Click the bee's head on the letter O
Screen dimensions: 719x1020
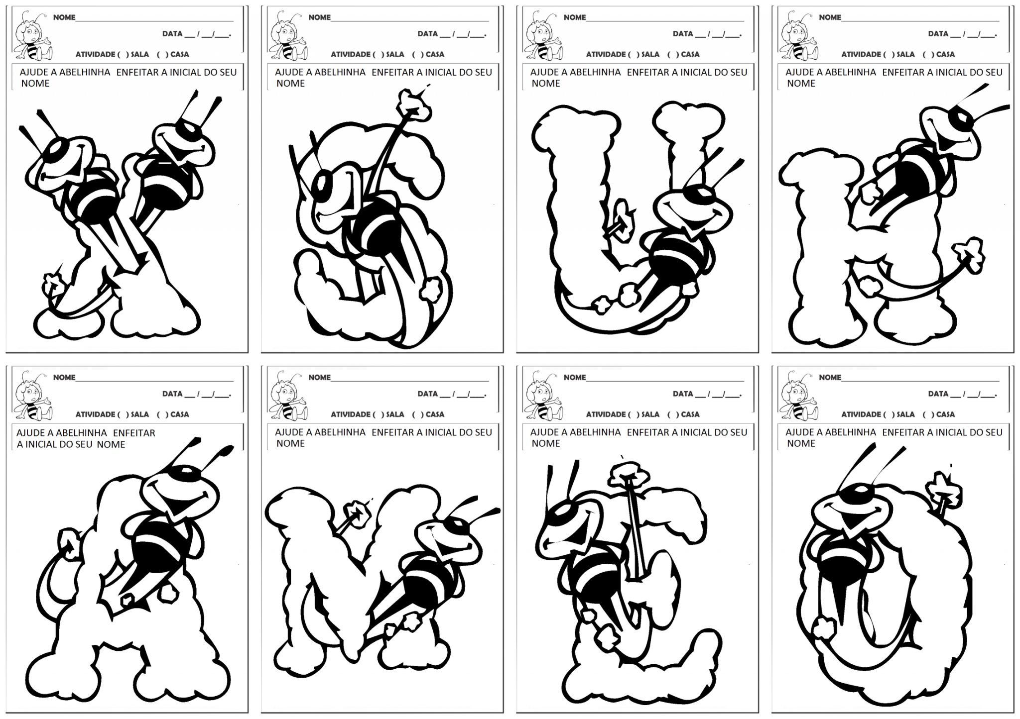[x=852, y=508]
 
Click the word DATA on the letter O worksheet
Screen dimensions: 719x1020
[x=938, y=394]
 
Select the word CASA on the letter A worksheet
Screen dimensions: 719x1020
[x=180, y=414]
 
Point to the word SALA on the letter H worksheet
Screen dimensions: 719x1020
[x=905, y=54]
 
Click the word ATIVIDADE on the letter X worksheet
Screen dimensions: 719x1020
[x=96, y=54]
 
